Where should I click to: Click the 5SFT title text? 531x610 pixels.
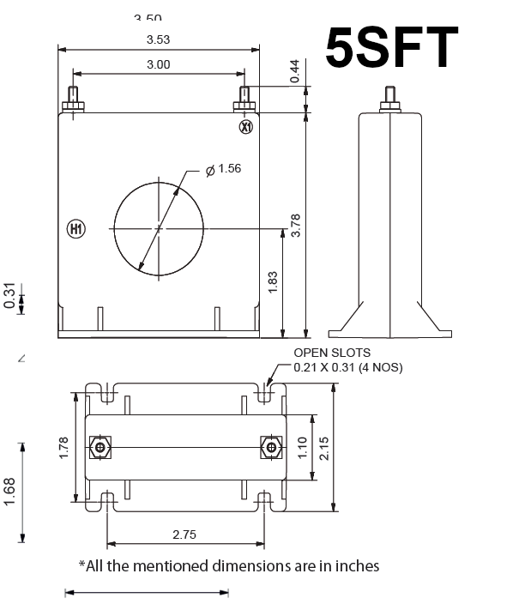392,47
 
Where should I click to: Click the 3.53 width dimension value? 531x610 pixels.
158,39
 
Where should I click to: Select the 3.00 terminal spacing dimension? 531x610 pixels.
158,64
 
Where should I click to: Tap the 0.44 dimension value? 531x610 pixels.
295,71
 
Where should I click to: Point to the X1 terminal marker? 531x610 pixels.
246,127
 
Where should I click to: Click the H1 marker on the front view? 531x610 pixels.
75,229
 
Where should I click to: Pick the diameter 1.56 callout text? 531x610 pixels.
225,168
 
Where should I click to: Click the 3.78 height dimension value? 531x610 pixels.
296,224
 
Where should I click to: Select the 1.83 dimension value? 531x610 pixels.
273,282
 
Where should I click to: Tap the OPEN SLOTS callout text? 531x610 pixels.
332,353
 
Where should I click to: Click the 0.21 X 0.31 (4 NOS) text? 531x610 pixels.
347,367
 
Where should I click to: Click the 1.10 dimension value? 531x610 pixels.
302,447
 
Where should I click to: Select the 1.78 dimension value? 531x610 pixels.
63,448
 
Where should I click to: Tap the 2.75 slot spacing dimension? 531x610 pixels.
184,534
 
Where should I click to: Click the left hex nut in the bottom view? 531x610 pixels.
100,448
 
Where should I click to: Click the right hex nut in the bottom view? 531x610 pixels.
271,448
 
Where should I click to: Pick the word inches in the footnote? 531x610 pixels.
359,565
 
